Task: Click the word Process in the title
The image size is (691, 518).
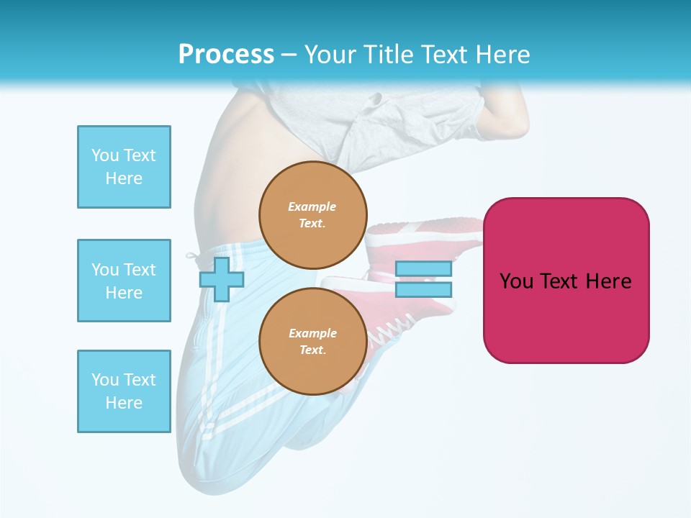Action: pyautogui.click(x=226, y=55)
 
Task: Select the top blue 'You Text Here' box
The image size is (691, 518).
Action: pyautogui.click(x=124, y=167)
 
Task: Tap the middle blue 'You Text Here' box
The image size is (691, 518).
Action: pyautogui.click(x=124, y=281)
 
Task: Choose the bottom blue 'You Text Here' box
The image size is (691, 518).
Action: pyautogui.click(x=124, y=391)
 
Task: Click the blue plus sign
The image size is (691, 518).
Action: pyautogui.click(x=221, y=280)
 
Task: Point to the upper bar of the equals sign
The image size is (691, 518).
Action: pyautogui.click(x=423, y=269)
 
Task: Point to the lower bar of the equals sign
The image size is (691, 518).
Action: pyautogui.click(x=423, y=290)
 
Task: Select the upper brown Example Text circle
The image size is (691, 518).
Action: pyautogui.click(x=312, y=215)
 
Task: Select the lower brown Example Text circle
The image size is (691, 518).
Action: pyautogui.click(x=312, y=342)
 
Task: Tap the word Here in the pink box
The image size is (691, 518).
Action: pyautogui.click(x=608, y=281)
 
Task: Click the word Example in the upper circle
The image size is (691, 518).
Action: pyautogui.click(x=312, y=206)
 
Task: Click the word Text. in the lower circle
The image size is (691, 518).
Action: pyautogui.click(x=312, y=350)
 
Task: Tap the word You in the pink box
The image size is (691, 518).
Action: pyautogui.click(x=516, y=281)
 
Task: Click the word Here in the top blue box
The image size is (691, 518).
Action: pyautogui.click(x=124, y=178)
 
